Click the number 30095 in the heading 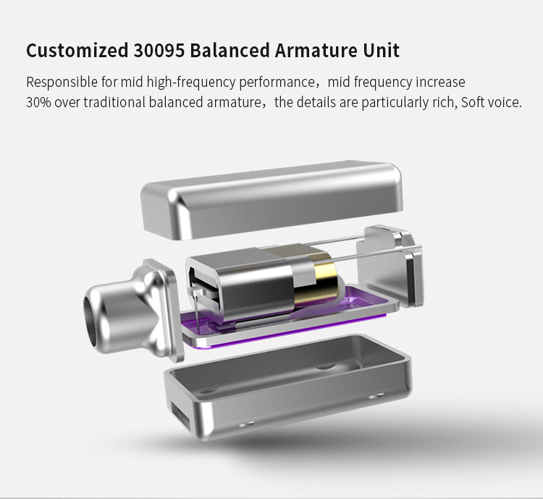159,50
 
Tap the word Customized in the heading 77,50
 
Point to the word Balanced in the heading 230,50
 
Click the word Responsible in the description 62,83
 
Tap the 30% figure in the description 39,103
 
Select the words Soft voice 491,103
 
